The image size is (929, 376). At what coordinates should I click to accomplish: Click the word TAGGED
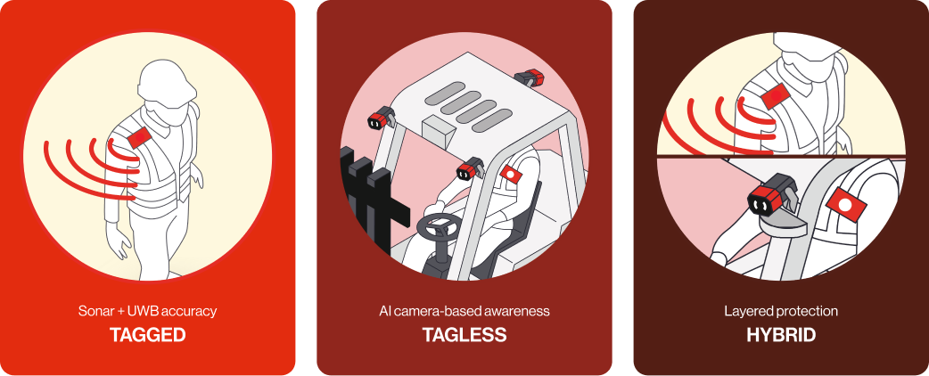(x=147, y=335)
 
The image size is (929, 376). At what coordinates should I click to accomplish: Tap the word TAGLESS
(x=464, y=335)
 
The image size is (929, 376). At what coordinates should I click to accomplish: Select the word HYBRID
(x=781, y=335)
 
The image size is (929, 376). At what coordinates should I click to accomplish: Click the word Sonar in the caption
(x=94, y=311)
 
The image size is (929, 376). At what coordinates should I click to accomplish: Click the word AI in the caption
(x=384, y=311)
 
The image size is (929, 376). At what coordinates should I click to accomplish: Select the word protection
(x=802, y=311)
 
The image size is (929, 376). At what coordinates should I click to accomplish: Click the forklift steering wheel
(x=437, y=227)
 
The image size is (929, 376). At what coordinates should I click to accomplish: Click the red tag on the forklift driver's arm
(x=510, y=174)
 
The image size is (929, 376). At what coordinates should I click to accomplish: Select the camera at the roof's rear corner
(x=529, y=77)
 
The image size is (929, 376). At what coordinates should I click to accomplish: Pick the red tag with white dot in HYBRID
(x=846, y=204)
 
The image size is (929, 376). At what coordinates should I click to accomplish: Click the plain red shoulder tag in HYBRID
(x=775, y=96)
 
